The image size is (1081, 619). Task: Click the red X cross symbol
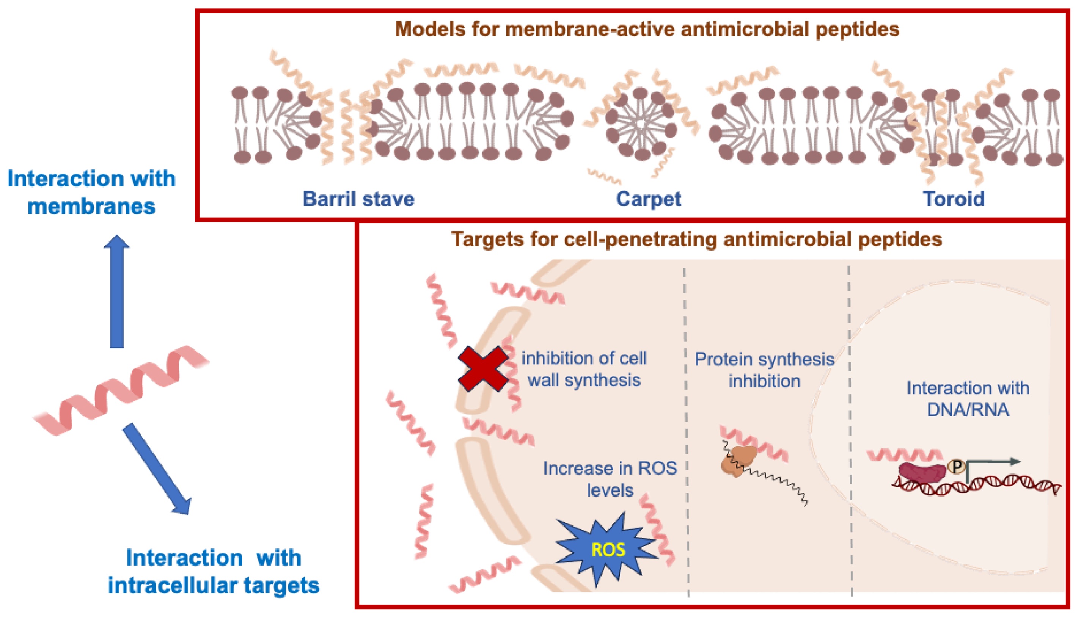click(483, 368)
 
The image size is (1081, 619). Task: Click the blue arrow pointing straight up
click(116, 293)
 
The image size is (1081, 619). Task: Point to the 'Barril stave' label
click(358, 199)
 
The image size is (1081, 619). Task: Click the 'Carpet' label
click(648, 199)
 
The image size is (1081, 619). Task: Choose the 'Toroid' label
click(954, 199)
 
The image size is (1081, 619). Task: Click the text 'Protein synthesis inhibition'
click(764, 370)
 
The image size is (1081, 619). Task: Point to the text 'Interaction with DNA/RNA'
click(968, 399)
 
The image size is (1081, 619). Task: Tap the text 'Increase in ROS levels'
click(610, 479)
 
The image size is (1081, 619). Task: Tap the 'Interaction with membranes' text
click(91, 192)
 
